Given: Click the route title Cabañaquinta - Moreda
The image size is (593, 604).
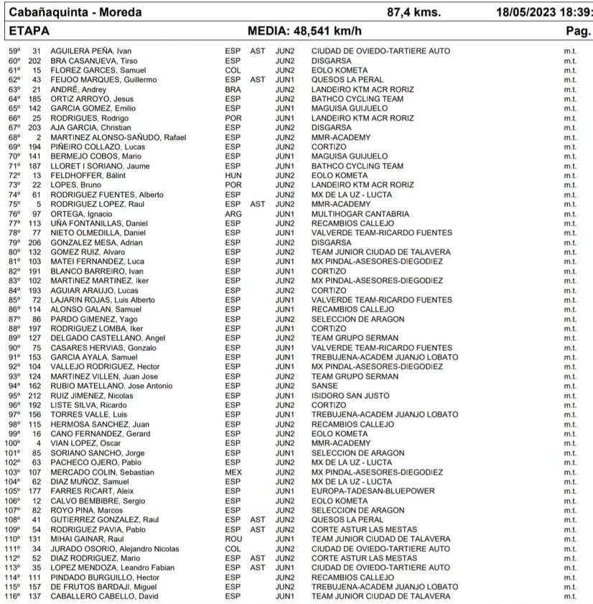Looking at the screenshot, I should pos(75,12).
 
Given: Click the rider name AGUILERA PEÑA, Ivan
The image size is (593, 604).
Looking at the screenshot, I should pos(84,51).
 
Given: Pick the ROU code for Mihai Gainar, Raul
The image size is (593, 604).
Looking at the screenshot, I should pos(233,539).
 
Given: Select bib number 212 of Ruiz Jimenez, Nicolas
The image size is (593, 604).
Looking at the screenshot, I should pos(34,396).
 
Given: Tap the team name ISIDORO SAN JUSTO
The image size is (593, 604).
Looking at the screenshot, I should pos(350,396).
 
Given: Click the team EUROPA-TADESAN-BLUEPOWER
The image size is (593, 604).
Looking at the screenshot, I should pos(373,491).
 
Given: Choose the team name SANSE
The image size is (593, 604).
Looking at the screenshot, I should pos(324,386).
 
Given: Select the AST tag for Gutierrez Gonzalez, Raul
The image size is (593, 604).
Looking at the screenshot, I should pos(257,520).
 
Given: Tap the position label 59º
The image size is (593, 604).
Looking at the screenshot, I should pos(14,51).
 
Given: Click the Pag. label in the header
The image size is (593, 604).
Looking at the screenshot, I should pos(578,32).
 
